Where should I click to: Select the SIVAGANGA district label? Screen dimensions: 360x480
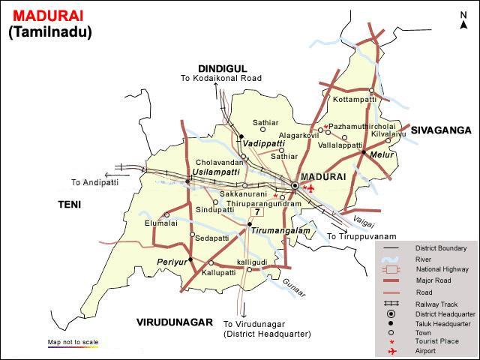440,130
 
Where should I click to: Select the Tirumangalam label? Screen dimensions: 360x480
280,231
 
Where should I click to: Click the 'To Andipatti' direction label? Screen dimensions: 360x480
96,182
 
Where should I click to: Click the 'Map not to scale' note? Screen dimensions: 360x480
73,341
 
